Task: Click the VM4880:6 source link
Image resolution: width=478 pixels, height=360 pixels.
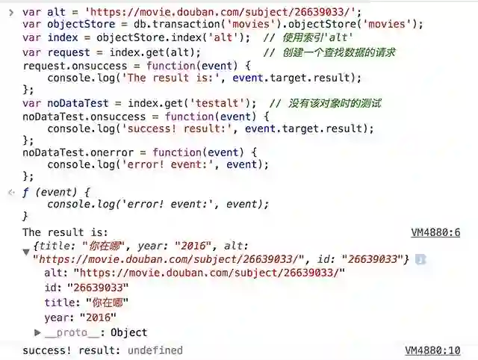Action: (435, 233)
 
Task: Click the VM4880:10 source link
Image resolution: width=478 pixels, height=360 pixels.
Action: (432, 350)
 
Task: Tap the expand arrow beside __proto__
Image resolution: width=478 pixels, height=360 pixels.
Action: (37, 332)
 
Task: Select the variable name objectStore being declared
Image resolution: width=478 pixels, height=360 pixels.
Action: (75, 24)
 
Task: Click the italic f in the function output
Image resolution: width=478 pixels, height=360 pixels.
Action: (25, 192)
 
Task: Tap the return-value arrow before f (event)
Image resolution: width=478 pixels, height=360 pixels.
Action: (10, 192)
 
